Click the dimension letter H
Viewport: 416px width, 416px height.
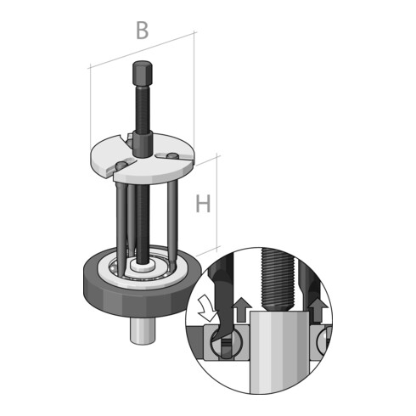tap(204, 204)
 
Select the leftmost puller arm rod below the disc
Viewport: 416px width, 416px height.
tap(115, 221)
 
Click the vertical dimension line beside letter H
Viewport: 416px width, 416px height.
tap(220, 204)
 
